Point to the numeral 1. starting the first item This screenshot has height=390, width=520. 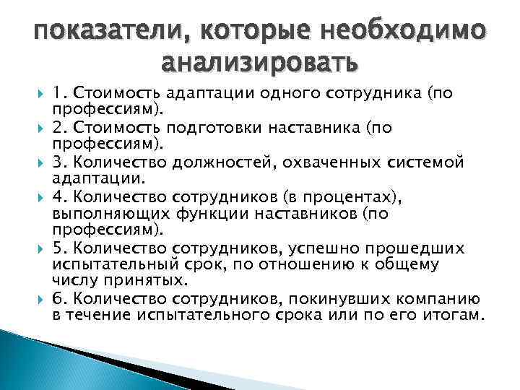tap(61, 93)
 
